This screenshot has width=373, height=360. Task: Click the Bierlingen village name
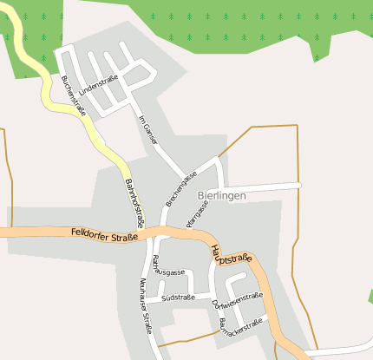click(x=221, y=196)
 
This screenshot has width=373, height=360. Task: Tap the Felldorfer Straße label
click(x=105, y=233)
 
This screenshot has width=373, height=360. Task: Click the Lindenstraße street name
click(x=98, y=90)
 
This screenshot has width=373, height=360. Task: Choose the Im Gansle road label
click(x=148, y=129)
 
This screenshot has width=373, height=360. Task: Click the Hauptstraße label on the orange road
click(x=231, y=256)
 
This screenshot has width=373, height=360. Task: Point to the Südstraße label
click(x=178, y=298)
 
